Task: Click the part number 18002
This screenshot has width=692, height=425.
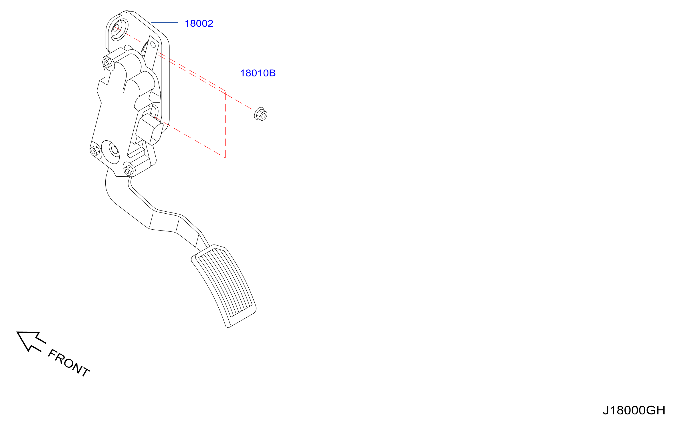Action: point(199,23)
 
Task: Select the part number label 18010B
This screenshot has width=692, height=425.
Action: point(258,73)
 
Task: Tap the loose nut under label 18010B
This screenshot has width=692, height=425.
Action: point(261,114)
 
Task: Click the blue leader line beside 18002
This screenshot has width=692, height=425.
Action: point(165,22)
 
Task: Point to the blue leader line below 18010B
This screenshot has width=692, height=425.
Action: point(261,95)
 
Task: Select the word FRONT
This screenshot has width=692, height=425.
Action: point(69,363)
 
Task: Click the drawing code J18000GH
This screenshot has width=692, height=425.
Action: point(634,410)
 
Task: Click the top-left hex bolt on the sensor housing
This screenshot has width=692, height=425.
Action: point(108,63)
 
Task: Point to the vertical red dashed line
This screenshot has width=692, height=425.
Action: point(226,125)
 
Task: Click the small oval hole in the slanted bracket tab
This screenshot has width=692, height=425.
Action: point(153,45)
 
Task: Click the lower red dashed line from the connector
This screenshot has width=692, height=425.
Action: point(191,138)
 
